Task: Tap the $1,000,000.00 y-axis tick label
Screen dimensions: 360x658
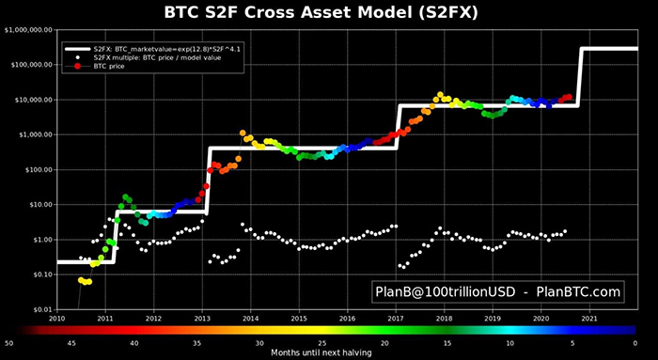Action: point(27,30)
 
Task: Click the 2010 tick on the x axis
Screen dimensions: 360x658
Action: point(57,319)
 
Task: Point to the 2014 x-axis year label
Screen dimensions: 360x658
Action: point(251,319)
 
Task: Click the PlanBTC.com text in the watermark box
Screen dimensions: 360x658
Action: point(576,293)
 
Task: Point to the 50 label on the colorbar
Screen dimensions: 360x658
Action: point(8,343)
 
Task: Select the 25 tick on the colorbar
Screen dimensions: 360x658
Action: point(322,343)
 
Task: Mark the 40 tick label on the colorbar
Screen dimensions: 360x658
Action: point(133,343)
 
